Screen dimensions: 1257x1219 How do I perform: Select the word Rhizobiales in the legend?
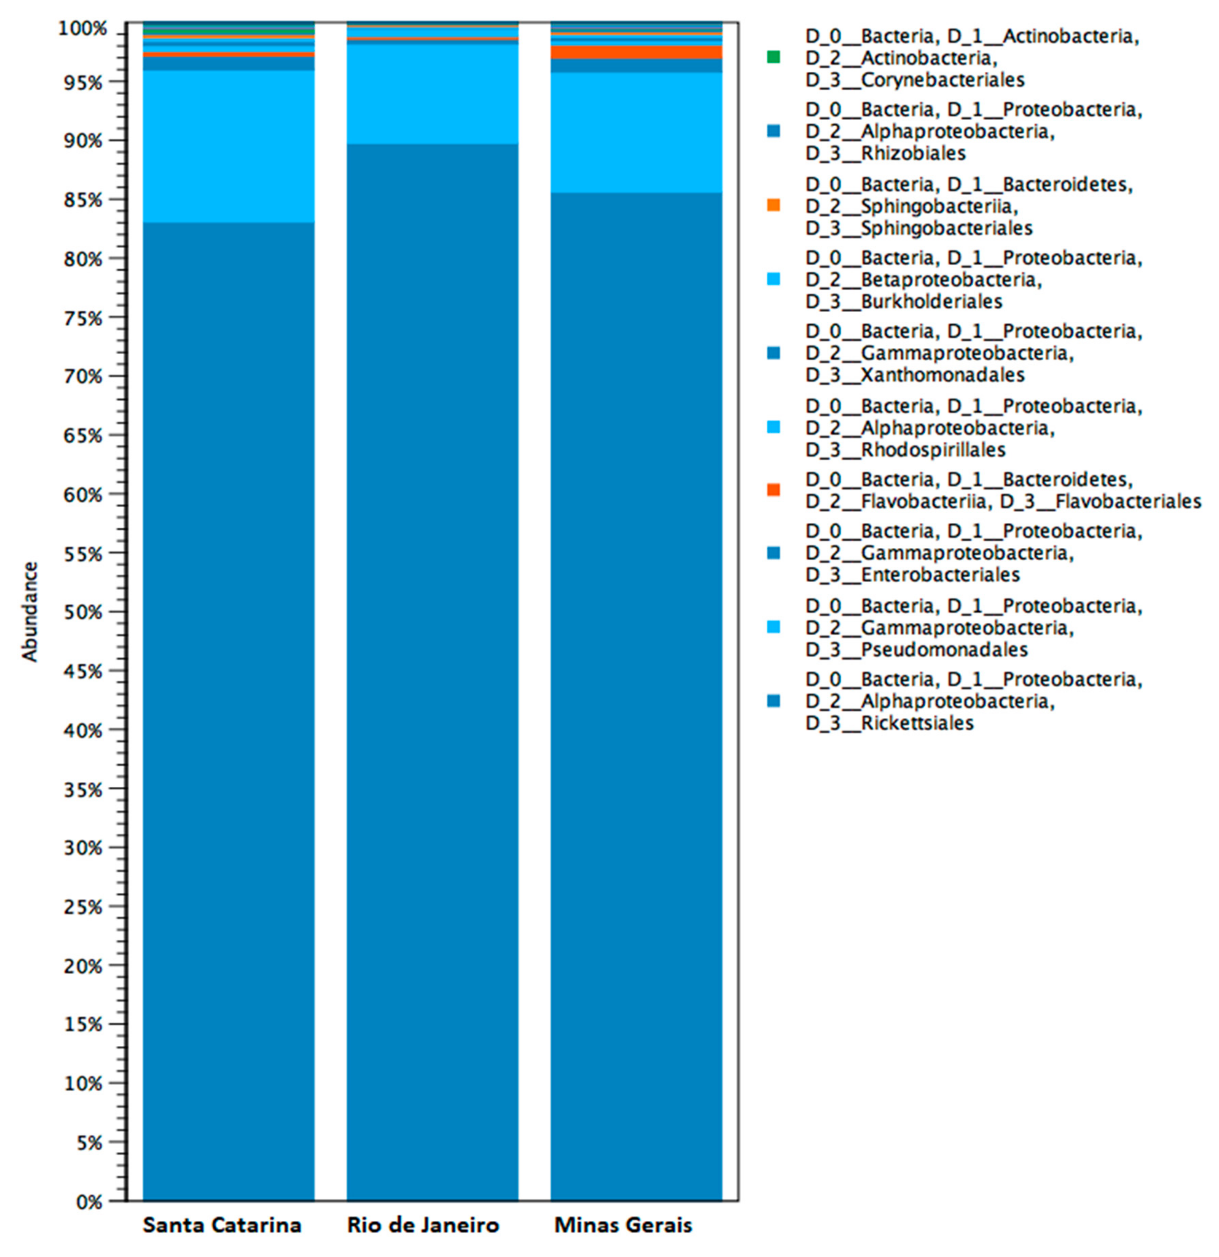point(913,153)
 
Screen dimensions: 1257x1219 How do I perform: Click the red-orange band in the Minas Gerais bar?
point(637,52)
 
